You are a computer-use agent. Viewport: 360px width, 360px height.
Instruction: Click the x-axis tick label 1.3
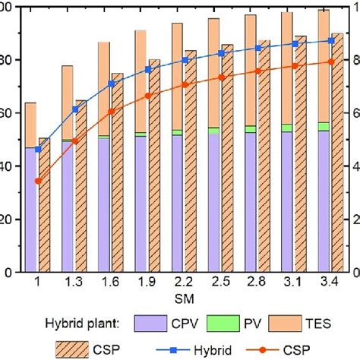point(74,283)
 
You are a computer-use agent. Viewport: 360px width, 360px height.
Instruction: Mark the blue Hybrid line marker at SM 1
point(37,150)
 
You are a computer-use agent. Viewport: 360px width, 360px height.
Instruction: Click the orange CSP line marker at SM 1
point(37,181)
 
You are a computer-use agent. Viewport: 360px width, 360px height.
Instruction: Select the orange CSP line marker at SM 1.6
point(111,111)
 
